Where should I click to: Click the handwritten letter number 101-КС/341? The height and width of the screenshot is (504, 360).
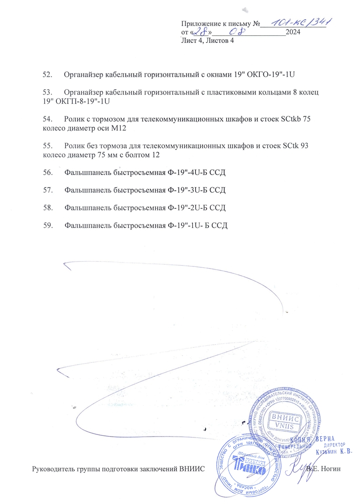(300, 22)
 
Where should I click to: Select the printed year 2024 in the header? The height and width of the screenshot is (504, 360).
(293, 32)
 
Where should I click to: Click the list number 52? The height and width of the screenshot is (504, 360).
(47, 74)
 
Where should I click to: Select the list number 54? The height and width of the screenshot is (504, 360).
(47, 119)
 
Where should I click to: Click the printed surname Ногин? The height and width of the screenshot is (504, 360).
(330, 469)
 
